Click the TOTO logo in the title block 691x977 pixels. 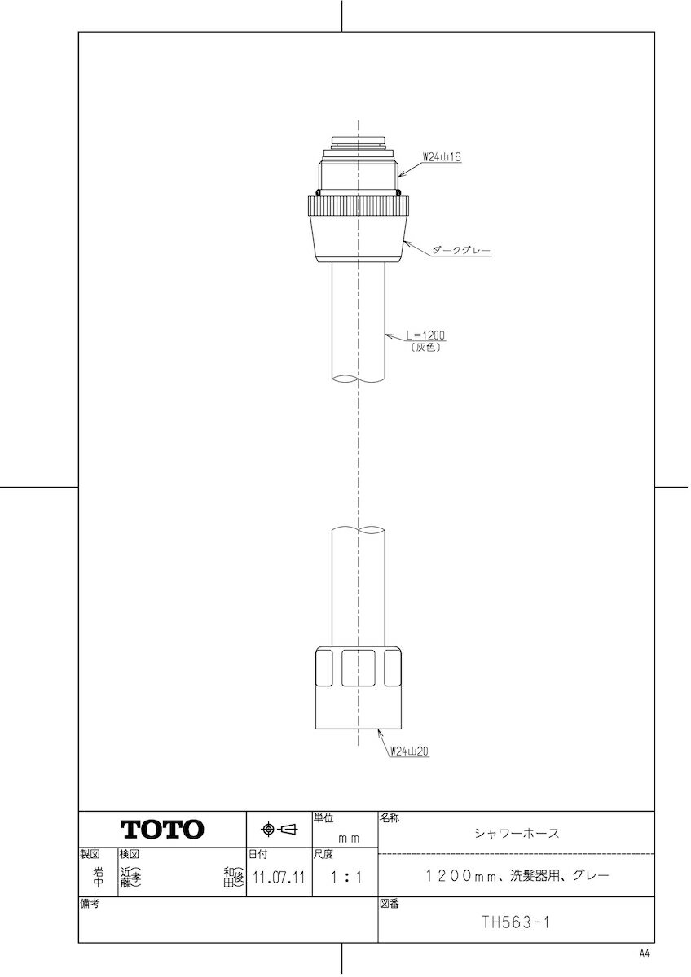click(163, 830)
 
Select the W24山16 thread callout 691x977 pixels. click(442, 157)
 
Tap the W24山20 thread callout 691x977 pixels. click(408, 751)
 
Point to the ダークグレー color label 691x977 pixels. click(461, 252)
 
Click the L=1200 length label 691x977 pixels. click(425, 335)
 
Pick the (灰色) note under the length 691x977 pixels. click(426, 347)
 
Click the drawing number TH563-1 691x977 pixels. click(515, 923)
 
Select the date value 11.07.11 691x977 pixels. click(279, 878)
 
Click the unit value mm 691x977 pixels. click(349, 836)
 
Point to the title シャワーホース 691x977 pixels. click(517, 833)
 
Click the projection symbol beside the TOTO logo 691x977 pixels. click(279, 830)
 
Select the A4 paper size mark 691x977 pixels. click(645, 953)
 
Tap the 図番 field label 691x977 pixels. click(389, 904)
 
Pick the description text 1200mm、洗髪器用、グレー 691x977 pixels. click(517, 876)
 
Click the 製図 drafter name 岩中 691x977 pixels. click(98, 877)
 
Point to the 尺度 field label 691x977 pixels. click(323, 855)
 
